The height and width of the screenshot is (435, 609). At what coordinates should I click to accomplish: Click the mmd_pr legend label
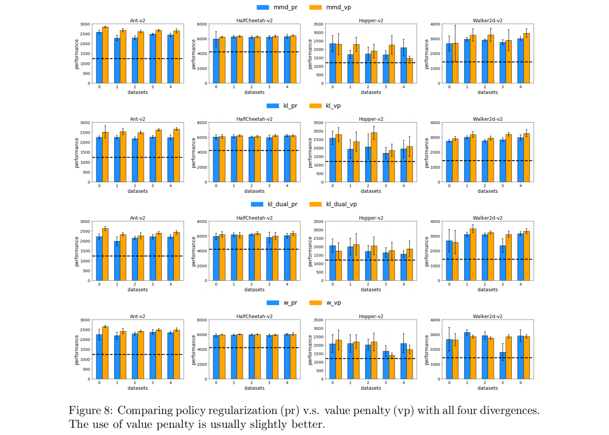pos(285,7)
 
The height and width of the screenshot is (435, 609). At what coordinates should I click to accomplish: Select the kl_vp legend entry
pos(333,106)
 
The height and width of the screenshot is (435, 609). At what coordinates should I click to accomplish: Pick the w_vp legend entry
pos(333,303)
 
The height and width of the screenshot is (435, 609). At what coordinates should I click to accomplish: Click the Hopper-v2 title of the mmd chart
pos(371,21)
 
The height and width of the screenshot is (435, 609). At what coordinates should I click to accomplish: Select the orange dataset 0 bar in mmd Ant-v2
pos(105,55)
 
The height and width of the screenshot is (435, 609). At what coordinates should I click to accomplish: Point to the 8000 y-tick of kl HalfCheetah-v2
pos(202,123)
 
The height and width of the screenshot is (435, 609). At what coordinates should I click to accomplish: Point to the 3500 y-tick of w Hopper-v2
pos(318,320)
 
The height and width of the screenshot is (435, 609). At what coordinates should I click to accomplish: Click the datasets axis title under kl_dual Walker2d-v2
pos(488,290)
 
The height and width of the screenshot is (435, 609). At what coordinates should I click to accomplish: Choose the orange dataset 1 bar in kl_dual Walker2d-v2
pos(473,255)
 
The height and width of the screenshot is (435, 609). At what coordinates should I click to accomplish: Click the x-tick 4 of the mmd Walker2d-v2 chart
pos(520,87)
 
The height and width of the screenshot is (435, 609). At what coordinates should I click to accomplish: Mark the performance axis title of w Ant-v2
pos(77,350)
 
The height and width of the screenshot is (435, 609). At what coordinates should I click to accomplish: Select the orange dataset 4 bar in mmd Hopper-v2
pos(410,71)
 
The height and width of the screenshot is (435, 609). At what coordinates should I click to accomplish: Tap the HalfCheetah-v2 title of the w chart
pos(255,316)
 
